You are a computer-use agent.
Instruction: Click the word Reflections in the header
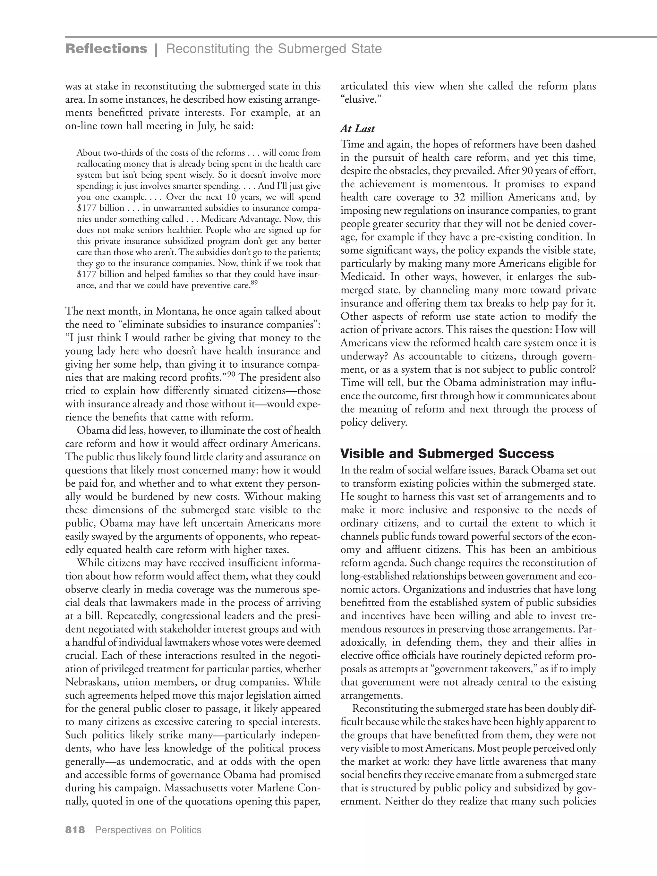[x=106, y=49]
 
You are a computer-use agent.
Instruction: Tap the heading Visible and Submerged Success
[x=447, y=454]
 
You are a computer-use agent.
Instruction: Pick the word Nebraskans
[x=91, y=682]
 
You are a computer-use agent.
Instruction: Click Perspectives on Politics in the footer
[x=148, y=830]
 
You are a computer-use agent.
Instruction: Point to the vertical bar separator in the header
[x=157, y=49]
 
